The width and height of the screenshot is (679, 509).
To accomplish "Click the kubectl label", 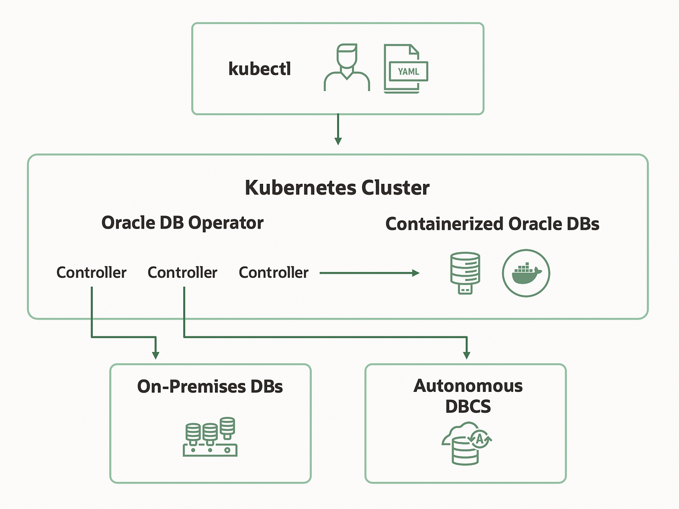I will (x=259, y=69).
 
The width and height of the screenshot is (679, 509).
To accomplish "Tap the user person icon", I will (x=346, y=68).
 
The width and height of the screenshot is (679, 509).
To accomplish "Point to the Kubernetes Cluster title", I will (x=337, y=188).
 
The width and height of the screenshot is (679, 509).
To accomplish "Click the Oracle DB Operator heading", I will (x=182, y=223).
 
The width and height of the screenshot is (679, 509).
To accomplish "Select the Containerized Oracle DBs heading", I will (x=492, y=224).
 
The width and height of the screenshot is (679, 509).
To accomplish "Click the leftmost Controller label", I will (x=91, y=273).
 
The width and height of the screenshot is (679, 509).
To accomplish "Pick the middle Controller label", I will (x=182, y=273).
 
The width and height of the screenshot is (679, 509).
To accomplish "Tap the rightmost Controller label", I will (x=274, y=273).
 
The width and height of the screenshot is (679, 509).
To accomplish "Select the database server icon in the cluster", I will (x=464, y=273).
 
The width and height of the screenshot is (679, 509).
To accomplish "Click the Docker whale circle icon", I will (x=526, y=273).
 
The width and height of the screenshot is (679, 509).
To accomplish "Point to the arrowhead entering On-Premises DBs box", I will (x=156, y=354).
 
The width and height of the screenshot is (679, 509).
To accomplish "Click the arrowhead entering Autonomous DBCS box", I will (x=466, y=354).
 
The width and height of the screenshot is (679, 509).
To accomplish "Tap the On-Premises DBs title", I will (x=210, y=387).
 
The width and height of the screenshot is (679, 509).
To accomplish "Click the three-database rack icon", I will (x=210, y=437).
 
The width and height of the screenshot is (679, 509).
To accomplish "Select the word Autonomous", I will (x=468, y=386).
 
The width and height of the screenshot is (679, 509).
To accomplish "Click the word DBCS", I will (x=468, y=406).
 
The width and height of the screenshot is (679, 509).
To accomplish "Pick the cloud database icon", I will (x=467, y=445).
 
